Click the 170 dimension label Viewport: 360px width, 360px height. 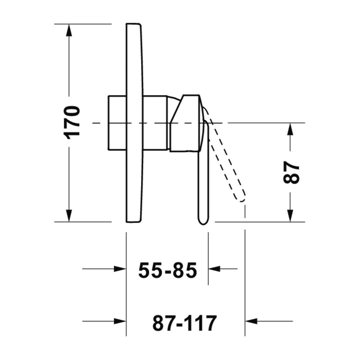(72, 123)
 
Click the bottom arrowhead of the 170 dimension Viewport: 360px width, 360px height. (69, 216)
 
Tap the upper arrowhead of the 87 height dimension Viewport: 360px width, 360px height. (290, 129)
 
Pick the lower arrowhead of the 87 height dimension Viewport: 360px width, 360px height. (290, 216)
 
